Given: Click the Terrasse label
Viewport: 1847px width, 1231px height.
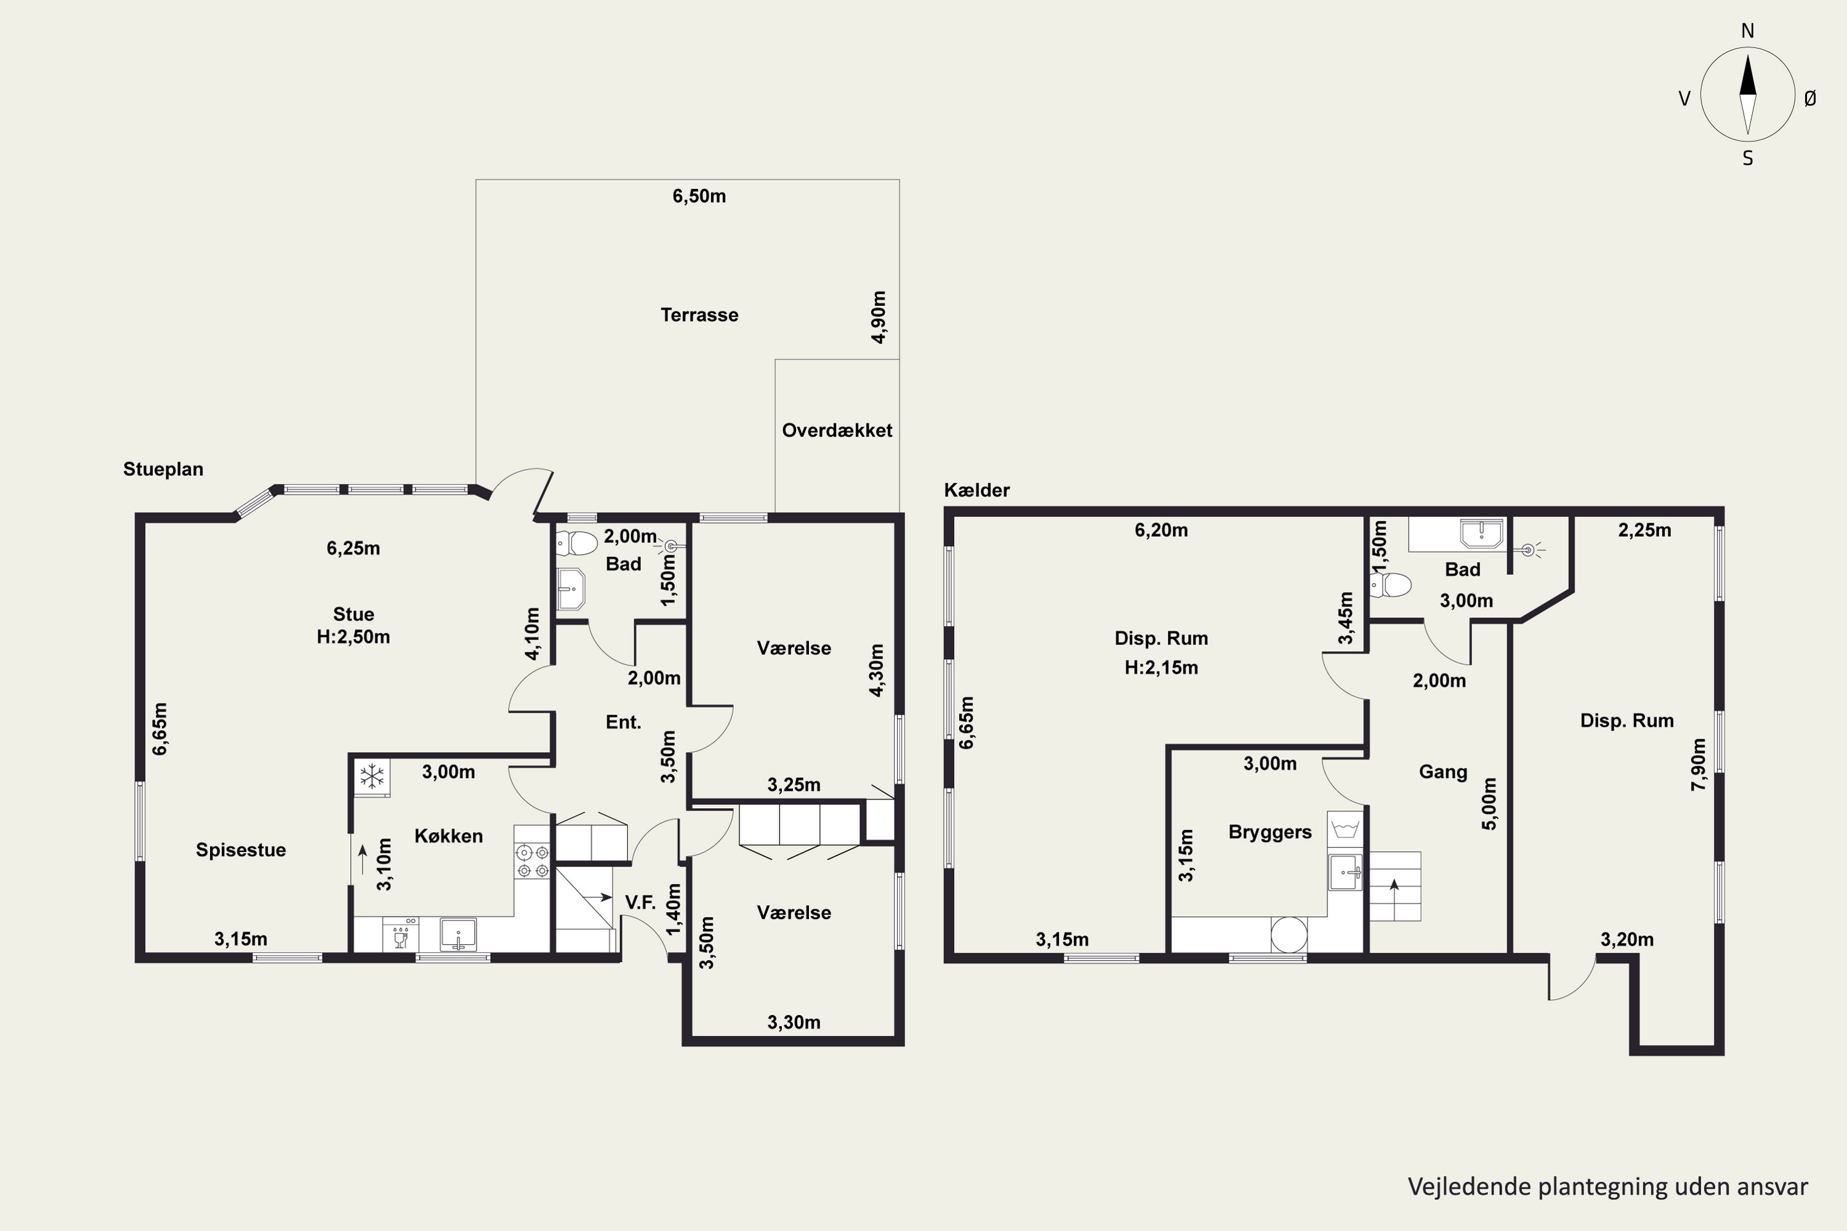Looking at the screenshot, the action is (x=699, y=315).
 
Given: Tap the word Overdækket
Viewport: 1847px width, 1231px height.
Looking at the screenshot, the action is (x=837, y=430).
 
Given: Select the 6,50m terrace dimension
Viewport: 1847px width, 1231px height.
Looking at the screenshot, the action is (x=699, y=196).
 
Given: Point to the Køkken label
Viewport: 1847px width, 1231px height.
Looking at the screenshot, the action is (x=448, y=836).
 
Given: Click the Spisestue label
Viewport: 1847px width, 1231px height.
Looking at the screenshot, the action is (x=241, y=849).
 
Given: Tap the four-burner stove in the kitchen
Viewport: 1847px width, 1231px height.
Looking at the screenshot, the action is (x=533, y=860).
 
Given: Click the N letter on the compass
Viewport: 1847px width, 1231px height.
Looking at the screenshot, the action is (x=1747, y=31).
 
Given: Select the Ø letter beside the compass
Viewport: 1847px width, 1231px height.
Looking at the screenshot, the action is (x=1810, y=98).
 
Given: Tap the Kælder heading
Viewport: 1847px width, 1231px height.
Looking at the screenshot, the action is (x=977, y=490).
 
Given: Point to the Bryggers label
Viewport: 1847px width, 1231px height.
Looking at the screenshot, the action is (x=1270, y=832).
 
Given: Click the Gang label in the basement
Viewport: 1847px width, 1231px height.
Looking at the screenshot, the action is (x=1443, y=772).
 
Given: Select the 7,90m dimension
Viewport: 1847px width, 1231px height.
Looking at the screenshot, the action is (x=1699, y=764).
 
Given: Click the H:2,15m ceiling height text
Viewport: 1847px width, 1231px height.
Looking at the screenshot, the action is (x=1161, y=667).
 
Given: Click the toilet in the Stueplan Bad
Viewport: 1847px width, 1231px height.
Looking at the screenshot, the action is (x=577, y=542).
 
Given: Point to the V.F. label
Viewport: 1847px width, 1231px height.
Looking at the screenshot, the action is (x=640, y=903).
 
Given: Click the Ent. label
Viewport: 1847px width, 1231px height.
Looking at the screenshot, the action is (x=624, y=722).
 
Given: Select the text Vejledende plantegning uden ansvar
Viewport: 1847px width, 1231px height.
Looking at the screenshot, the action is (x=1608, y=1186).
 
